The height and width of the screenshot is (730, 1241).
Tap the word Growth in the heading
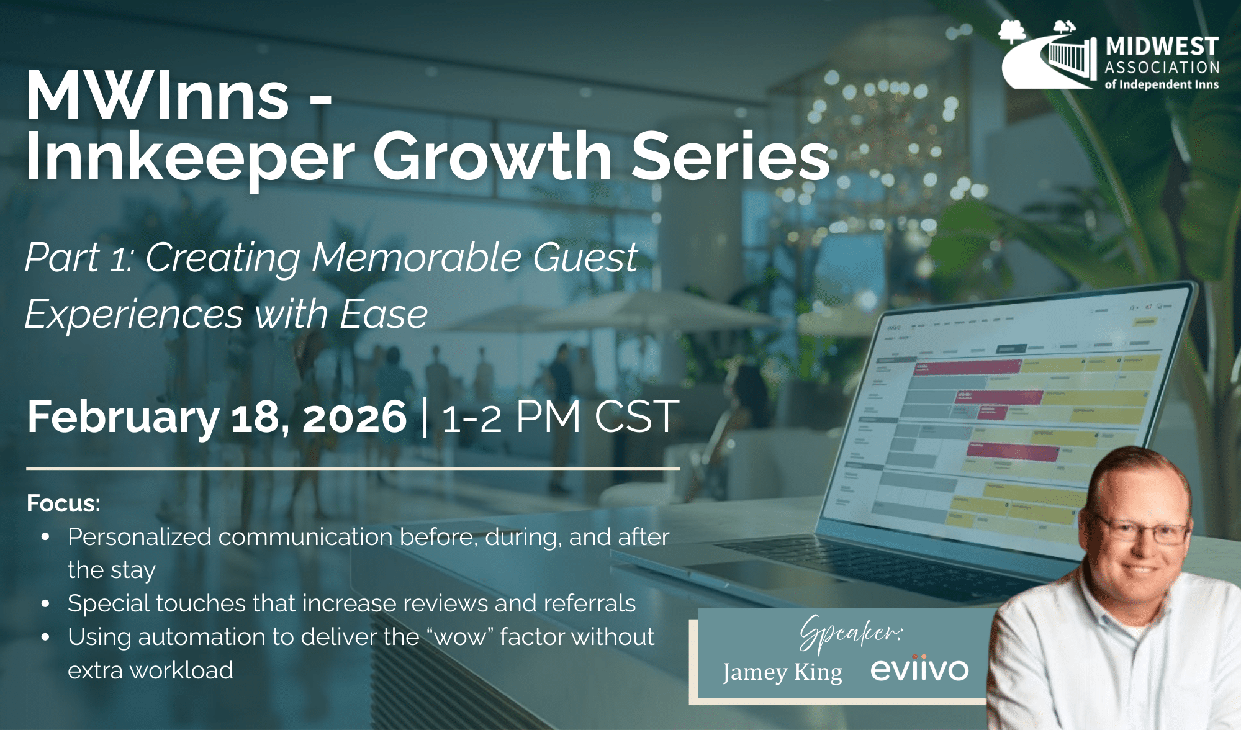(492, 156)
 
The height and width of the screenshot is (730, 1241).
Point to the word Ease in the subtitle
(384, 314)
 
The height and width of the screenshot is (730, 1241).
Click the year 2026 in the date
(354, 417)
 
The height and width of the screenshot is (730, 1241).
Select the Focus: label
(63, 503)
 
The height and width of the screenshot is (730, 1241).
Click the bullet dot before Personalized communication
(45, 538)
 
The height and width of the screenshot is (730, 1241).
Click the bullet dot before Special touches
(45, 603)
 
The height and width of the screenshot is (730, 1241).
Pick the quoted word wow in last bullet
(460, 637)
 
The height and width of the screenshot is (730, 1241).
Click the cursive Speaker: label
(850, 633)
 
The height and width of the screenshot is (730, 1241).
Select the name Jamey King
(782, 672)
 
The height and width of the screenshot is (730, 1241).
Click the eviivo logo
(919, 669)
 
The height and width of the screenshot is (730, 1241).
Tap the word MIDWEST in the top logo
(1162, 47)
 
